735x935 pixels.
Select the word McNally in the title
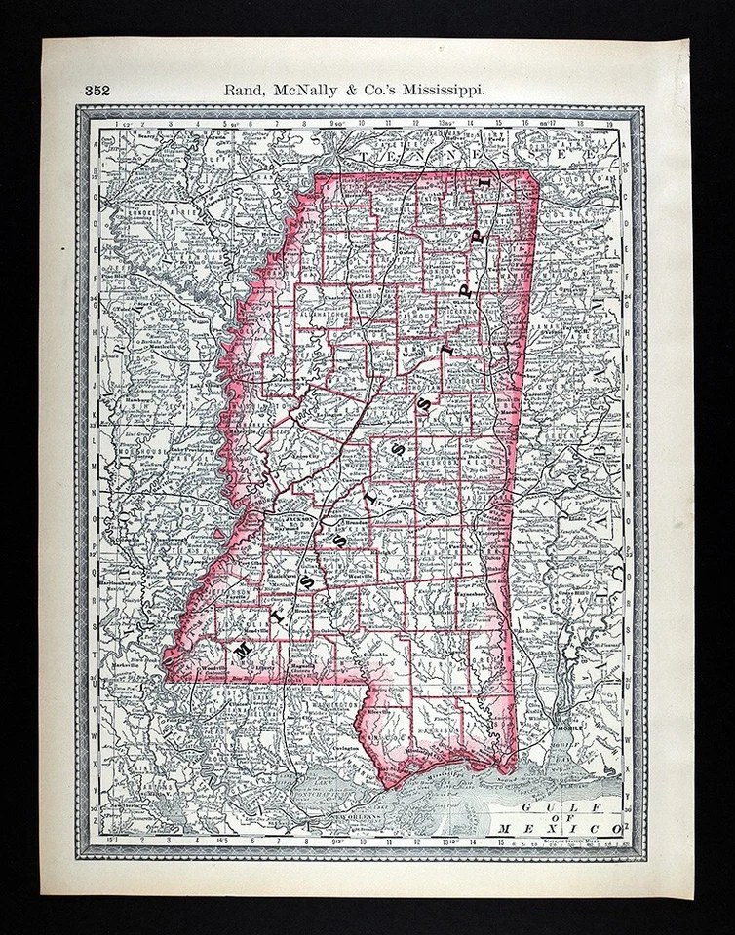[x=311, y=90]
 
